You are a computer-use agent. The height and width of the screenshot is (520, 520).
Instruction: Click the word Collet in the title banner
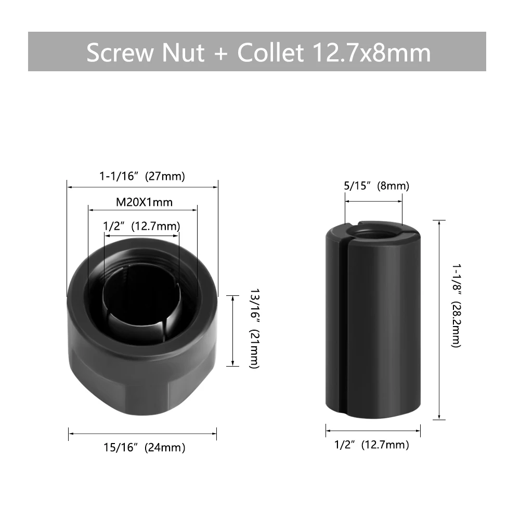[x=270, y=53]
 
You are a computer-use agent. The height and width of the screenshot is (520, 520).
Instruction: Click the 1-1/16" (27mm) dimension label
[x=142, y=176]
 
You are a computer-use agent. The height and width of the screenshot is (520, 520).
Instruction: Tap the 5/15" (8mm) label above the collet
[x=376, y=186]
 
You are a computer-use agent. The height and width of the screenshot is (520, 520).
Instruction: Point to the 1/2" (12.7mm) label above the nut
[x=141, y=226]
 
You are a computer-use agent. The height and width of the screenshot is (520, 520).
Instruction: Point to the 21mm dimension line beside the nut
[x=232, y=331]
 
